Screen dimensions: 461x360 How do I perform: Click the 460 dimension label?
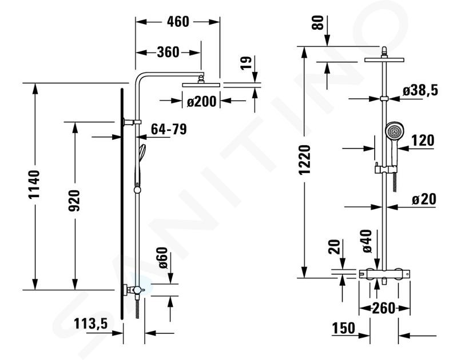click(178, 22)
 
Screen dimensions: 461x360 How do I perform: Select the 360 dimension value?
click(168, 52)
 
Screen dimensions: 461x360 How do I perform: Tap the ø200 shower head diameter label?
click(202, 102)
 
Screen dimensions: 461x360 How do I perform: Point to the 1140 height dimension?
click(34, 185)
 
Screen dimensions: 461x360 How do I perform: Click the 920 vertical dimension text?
click(74, 201)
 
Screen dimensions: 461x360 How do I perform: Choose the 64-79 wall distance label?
click(169, 129)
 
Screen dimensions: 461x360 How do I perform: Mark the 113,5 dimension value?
click(90, 324)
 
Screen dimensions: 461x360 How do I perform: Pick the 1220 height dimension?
click(305, 160)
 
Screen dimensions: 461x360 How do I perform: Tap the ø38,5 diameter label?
click(420, 90)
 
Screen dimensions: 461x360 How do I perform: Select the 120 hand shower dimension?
click(423, 141)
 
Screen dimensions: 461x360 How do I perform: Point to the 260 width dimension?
click(384, 308)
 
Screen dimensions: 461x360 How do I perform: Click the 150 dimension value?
click(344, 328)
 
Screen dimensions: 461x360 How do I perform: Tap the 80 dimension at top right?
click(317, 23)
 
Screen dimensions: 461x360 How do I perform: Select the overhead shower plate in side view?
click(201, 85)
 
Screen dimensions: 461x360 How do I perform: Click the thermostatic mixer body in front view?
click(384, 274)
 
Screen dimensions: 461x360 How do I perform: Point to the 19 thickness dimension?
click(246, 63)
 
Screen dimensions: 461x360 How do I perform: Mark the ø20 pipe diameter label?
click(424, 199)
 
